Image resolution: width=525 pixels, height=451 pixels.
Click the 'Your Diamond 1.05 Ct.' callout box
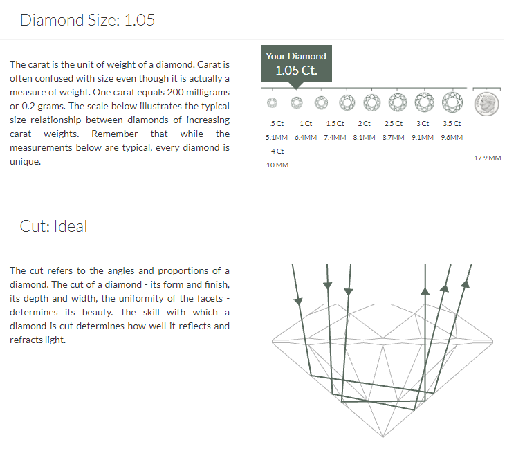click(296, 63)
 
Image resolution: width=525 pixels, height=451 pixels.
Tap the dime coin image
click(486, 104)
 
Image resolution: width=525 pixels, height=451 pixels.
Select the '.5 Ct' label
click(277, 124)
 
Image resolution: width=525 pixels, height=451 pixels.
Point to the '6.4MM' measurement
click(306, 137)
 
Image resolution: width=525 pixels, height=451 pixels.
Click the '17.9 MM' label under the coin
click(488, 158)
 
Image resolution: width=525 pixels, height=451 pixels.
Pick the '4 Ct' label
click(277, 151)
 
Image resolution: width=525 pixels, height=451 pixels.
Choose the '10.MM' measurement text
click(277, 165)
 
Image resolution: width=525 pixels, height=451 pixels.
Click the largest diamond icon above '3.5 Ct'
click(452, 102)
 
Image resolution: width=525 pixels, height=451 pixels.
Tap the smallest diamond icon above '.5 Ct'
click(273, 102)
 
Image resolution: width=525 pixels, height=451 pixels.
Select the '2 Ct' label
click(365, 124)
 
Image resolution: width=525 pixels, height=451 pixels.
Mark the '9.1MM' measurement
click(423, 137)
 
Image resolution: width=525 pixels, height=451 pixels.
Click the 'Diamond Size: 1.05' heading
click(87, 20)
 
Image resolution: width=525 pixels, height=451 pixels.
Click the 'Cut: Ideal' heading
click(53, 226)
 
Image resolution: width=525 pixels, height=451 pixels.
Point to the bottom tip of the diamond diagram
click(383, 437)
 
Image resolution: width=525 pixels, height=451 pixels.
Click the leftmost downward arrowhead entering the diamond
click(298, 301)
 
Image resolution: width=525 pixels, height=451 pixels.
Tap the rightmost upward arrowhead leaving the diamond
click(466, 284)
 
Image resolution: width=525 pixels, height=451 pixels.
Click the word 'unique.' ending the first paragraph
click(25, 162)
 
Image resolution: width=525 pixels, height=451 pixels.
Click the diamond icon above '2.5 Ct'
click(398, 102)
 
